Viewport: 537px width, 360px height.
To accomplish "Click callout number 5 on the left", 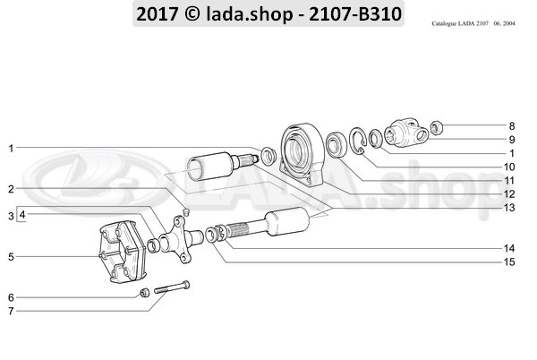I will click(10, 257).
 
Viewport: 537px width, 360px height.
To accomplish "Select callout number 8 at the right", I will click(513, 126).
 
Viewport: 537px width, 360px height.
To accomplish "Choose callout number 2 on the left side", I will click(10, 188).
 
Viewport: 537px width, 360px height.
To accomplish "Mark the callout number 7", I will click(10, 311).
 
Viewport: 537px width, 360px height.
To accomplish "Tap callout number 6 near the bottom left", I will click(10, 297).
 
